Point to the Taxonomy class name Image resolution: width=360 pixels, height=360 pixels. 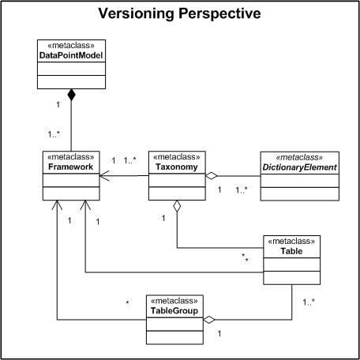tap(177, 167)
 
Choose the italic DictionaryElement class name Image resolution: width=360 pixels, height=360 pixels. tap(301, 167)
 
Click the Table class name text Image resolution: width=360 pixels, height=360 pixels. tap(293, 251)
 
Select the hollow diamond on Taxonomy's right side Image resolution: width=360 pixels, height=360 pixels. tap(212, 175)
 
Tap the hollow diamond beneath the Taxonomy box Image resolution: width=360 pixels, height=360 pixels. tap(177, 206)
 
